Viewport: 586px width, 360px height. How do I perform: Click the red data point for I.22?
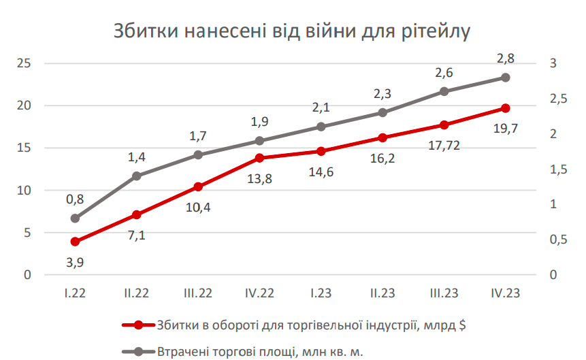coord(75,242)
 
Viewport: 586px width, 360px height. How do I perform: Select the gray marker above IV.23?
coord(506,78)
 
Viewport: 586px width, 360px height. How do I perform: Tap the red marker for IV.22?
coord(259,158)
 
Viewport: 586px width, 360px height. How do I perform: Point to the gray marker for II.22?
coord(137,176)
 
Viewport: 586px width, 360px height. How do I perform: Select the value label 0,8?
coord(75,199)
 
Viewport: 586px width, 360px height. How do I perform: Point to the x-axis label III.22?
coord(198,293)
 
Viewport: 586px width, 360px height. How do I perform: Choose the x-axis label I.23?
coord(321,293)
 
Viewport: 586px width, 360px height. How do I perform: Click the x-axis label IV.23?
coord(506,293)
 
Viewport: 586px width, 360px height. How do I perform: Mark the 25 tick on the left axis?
coord(25,63)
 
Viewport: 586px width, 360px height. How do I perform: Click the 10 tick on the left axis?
coord(25,191)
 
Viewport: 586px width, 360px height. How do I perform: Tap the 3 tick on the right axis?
coord(554,63)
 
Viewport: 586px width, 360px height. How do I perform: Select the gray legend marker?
coord(138,351)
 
